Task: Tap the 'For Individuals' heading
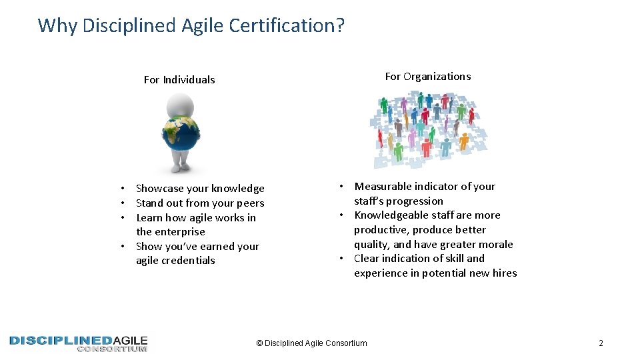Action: pos(179,80)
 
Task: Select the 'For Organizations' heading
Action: pos(427,77)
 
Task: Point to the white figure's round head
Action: pos(180,105)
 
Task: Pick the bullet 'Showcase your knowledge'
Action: pos(200,189)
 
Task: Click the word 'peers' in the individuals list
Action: pos(251,203)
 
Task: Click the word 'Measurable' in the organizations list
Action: pos(382,187)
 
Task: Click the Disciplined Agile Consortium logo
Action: pos(79,343)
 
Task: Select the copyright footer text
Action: pos(311,343)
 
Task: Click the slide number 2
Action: pos(601,343)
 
